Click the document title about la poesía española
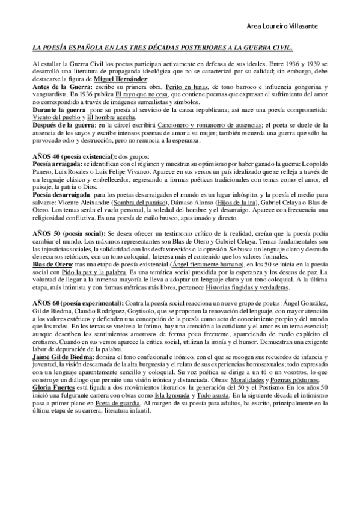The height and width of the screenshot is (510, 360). [x=162, y=47]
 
